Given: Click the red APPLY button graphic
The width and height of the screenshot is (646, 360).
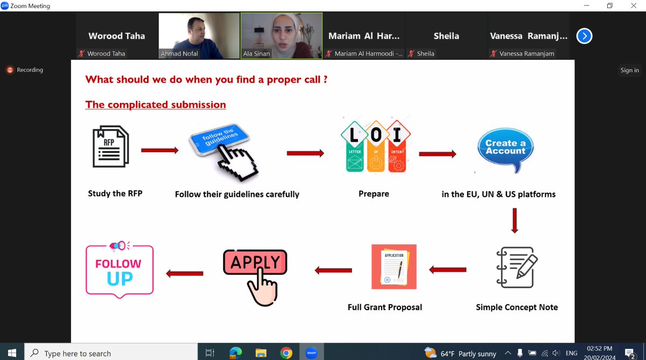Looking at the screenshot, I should point(255,263).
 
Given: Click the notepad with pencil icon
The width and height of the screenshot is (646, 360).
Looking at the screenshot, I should point(515,267).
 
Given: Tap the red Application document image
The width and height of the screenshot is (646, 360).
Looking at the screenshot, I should point(394,266).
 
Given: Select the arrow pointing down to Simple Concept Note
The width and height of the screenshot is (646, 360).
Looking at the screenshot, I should point(514,220).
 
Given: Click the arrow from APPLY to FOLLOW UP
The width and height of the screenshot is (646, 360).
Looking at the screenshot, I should point(185,273).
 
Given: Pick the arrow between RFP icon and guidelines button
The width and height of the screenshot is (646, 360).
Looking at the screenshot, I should point(159,150).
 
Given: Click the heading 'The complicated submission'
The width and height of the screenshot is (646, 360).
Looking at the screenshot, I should point(156,104).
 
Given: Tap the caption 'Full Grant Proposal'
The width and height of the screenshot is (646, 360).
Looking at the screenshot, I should point(385,307).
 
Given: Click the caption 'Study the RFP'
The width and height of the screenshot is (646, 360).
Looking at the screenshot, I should point(115,193).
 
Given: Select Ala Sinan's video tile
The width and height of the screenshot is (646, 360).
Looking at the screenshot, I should point(281,35).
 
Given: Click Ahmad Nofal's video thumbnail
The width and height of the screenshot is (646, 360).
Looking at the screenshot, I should point(199,35).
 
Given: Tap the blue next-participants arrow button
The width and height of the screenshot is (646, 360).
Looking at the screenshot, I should point(584,36).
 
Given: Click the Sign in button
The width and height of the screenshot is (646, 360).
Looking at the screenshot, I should point(629,70).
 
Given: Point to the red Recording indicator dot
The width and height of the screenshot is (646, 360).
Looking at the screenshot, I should point(9,70).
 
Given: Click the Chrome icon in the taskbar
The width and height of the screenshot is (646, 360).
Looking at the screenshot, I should point(286,353).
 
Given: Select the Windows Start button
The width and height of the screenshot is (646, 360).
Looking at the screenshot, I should point(12,353).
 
